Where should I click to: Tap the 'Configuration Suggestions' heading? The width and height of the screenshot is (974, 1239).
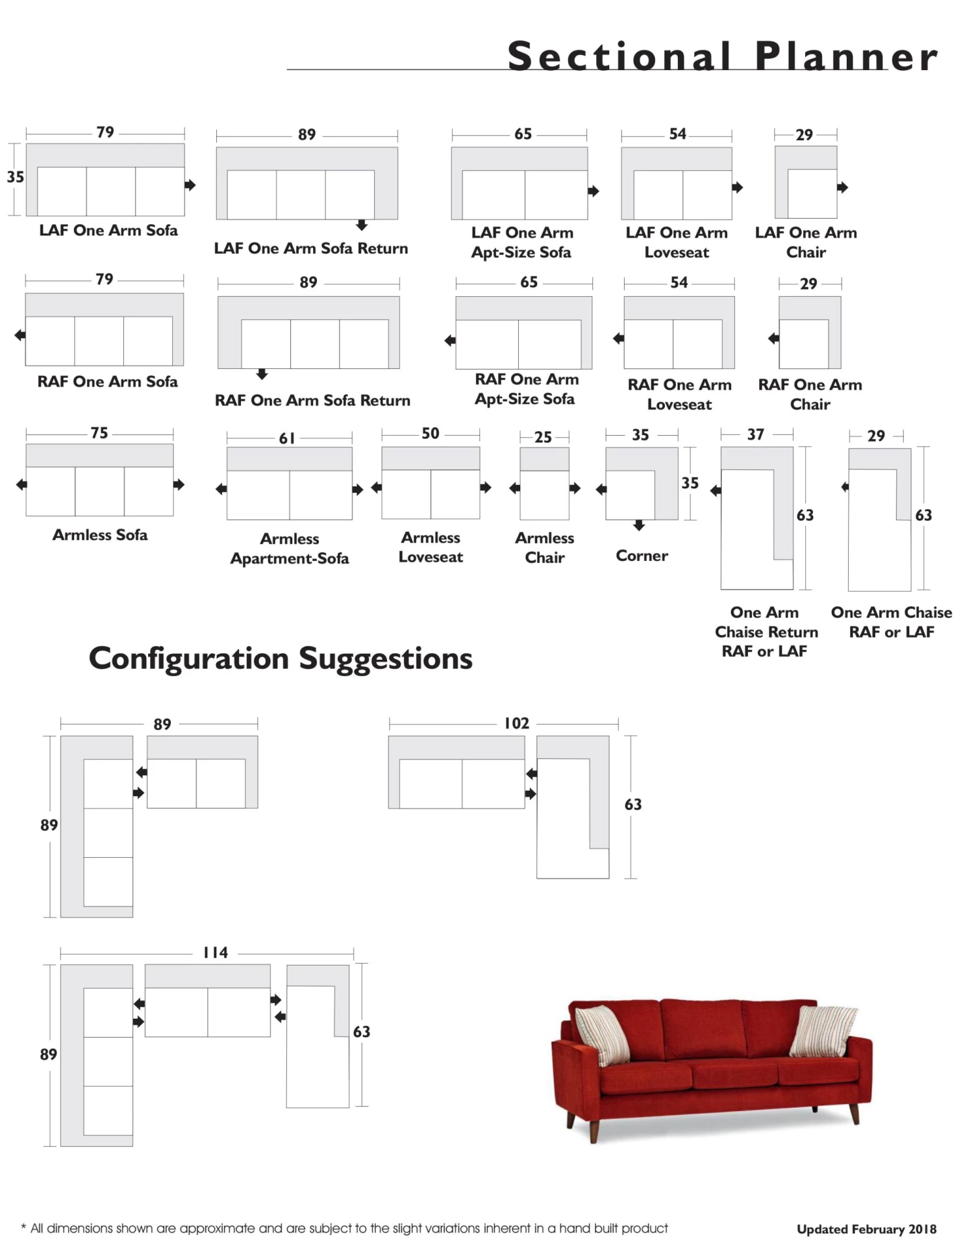(x=281, y=658)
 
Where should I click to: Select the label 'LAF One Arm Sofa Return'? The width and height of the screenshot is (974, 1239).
(x=311, y=248)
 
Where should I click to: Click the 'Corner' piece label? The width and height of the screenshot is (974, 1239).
(x=642, y=555)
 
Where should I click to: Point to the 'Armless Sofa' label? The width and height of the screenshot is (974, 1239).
(x=100, y=534)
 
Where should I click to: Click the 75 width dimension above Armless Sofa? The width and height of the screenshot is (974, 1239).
(x=99, y=433)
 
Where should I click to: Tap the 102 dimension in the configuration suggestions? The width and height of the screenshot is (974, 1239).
(x=517, y=723)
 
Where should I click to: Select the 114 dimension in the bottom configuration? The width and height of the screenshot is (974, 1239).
(x=216, y=953)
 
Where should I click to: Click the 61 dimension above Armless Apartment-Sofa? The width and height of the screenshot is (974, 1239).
(x=287, y=438)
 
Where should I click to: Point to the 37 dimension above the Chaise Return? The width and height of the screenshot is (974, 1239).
(x=755, y=434)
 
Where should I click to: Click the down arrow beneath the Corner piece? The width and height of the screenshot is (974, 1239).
(x=640, y=525)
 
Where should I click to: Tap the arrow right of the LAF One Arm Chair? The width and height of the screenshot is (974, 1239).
(x=843, y=188)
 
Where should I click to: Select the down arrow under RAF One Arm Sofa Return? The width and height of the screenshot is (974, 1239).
(x=262, y=374)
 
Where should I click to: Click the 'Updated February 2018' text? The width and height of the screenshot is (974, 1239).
(x=866, y=1229)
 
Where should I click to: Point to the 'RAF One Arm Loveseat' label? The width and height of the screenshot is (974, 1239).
(x=679, y=394)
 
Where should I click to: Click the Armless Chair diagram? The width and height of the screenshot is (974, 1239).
(x=545, y=484)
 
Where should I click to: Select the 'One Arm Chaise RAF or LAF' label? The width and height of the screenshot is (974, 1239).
(x=892, y=621)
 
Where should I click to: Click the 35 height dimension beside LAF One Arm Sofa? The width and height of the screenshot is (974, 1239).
(x=15, y=177)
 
